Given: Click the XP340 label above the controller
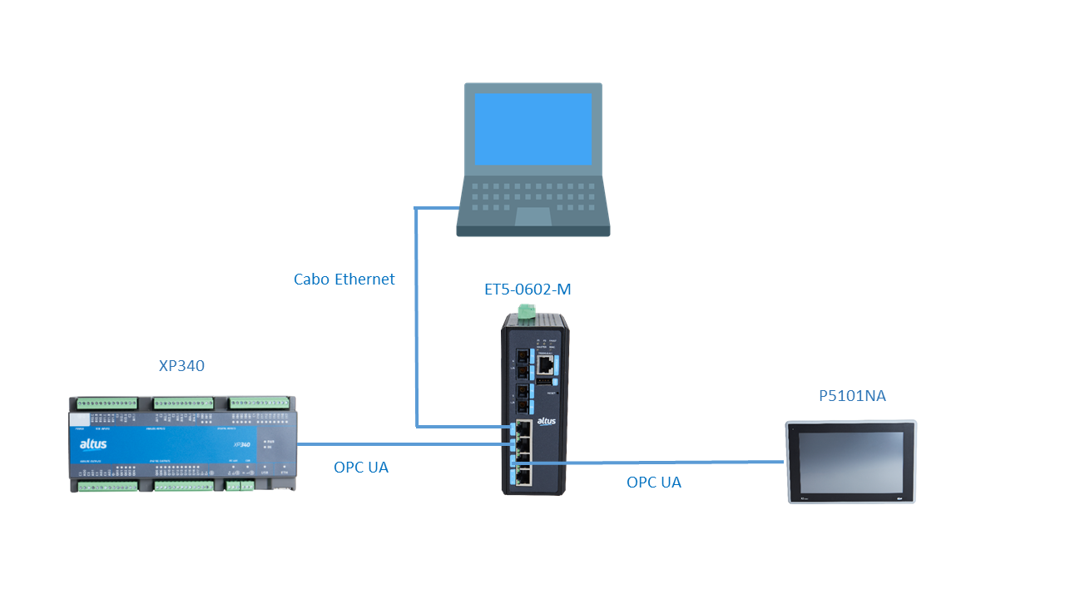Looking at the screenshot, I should coord(181,366).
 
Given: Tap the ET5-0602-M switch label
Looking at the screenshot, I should coord(528,290).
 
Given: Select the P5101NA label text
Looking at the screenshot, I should coord(852,396).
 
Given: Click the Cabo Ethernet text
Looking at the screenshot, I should coord(344,280).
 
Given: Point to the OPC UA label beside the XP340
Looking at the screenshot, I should coord(360,468).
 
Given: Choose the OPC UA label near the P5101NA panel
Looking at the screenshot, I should coord(653,483).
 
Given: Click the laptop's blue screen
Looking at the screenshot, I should coord(532,128).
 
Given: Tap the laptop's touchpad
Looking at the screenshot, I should coord(532,216).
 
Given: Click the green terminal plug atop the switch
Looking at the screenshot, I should coord(526,312).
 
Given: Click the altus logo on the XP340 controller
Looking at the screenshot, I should coord(93,443).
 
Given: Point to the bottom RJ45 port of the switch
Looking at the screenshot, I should coord(525,475).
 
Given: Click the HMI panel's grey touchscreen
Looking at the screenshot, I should coord(850,461).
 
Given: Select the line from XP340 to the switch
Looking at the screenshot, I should coord(399,444).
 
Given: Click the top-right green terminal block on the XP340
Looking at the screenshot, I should coord(260,403).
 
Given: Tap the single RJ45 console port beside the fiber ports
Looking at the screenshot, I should coord(547,365).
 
